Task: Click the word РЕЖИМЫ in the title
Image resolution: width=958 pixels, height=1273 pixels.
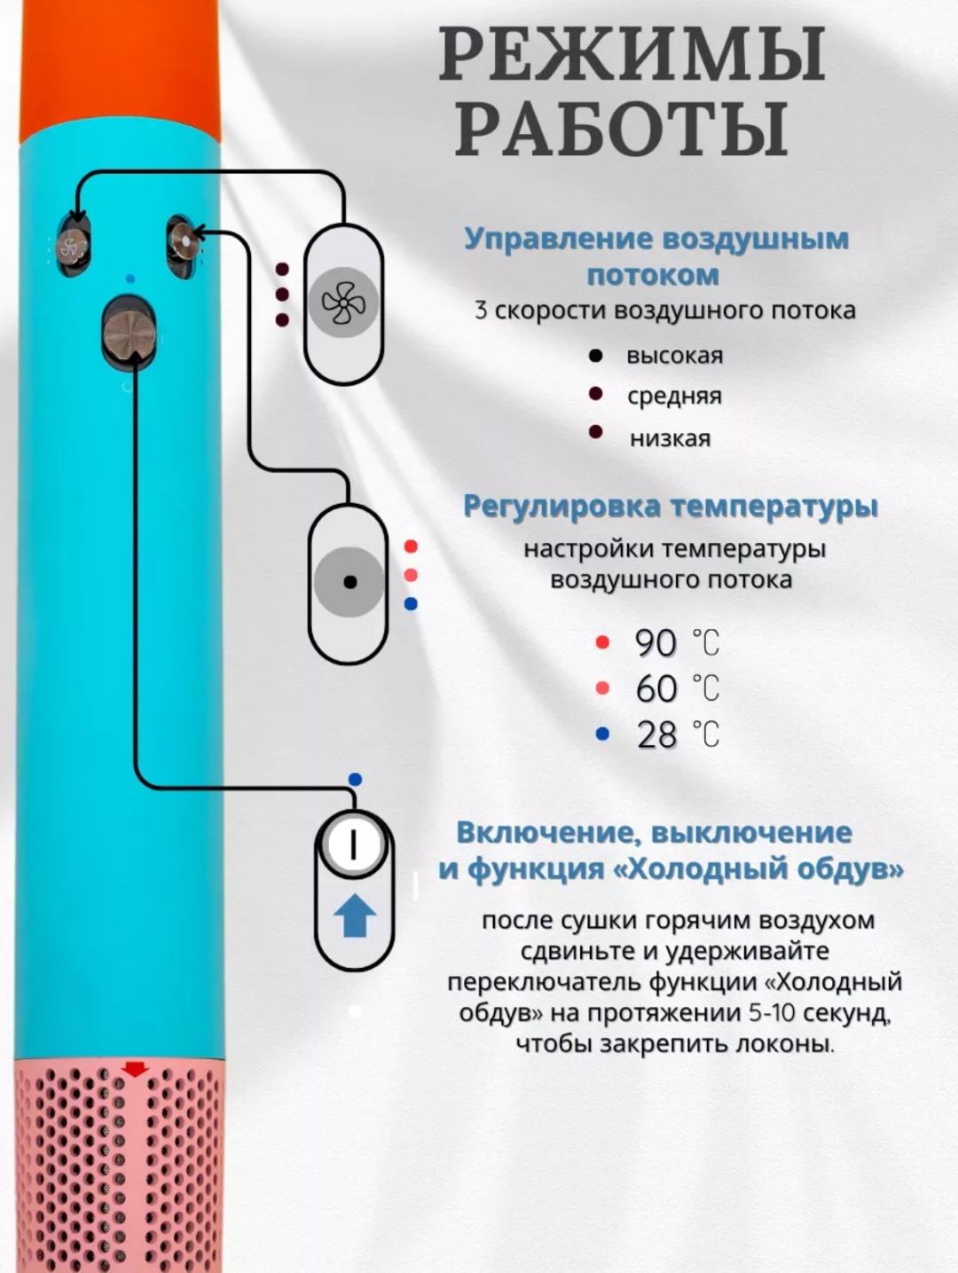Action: click(x=632, y=54)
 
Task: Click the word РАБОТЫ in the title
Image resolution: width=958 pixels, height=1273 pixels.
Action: click(x=621, y=130)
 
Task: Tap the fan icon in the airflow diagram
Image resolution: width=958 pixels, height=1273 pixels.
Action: click(x=343, y=303)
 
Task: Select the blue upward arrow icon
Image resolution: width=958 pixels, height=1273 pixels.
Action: click(x=355, y=915)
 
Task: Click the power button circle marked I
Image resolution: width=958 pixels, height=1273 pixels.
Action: click(x=353, y=844)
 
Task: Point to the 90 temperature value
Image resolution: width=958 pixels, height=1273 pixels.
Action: click(x=656, y=643)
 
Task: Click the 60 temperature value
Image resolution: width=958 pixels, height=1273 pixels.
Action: click(x=656, y=689)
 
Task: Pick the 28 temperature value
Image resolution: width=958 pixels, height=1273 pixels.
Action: click(x=656, y=735)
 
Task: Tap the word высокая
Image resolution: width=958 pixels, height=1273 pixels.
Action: click(x=675, y=356)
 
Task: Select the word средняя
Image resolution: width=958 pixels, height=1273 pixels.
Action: click(x=674, y=397)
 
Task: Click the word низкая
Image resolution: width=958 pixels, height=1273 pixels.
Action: click(x=671, y=438)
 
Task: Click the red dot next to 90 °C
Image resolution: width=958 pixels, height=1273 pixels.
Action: click(x=602, y=642)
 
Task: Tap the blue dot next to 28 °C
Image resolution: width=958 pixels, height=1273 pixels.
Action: click(x=602, y=735)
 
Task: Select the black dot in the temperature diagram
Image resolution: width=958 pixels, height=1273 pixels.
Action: click(x=349, y=582)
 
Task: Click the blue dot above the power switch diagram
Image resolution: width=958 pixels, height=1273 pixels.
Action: click(x=355, y=780)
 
